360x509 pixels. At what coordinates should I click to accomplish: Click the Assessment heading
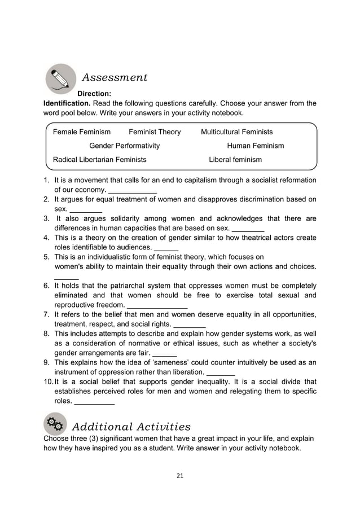[x=115, y=77]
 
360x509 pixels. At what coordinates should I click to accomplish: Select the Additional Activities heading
[x=131, y=426]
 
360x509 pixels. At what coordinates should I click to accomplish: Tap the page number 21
[x=180, y=476]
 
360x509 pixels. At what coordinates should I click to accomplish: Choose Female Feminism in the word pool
[x=82, y=132]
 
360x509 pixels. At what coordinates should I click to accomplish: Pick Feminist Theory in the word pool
[x=155, y=132]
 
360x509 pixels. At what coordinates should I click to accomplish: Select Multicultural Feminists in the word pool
[x=236, y=132]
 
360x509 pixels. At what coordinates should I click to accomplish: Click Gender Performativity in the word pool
[x=125, y=146]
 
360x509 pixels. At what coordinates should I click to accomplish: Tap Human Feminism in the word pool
[x=255, y=146]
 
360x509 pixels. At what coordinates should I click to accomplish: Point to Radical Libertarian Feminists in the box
[x=99, y=160]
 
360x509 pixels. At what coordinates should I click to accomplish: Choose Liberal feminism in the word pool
[x=235, y=160]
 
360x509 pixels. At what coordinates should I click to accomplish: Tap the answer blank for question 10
[x=94, y=403]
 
